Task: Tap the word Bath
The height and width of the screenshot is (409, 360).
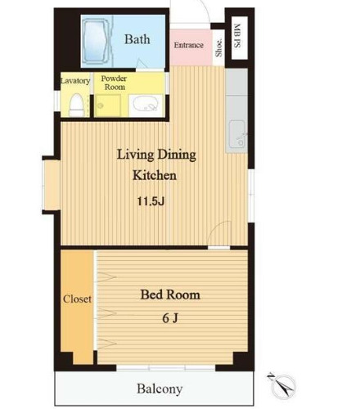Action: pos(137,39)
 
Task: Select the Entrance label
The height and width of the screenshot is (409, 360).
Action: pos(189,45)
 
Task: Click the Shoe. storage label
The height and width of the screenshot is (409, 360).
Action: pos(218,47)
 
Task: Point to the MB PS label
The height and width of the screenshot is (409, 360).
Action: pos(237,36)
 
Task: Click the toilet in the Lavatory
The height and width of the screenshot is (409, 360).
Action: pos(76,105)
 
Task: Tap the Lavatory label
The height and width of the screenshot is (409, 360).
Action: pos(75,81)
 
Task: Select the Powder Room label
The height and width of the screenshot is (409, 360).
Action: pos(115,83)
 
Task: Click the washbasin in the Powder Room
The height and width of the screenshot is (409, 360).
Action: pos(146,106)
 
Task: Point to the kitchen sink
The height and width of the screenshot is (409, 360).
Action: pos(237,134)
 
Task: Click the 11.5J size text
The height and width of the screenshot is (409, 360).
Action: pos(151,201)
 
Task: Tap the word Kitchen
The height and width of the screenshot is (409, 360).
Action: pos(155,175)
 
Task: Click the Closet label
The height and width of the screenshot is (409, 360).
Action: pos(77,299)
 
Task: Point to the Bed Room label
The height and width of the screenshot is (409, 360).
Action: pos(170,294)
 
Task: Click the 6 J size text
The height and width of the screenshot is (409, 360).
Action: pos(170,318)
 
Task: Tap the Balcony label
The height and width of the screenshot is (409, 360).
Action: pos(160,389)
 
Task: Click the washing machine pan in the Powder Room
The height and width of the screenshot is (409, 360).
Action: pos(107,106)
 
